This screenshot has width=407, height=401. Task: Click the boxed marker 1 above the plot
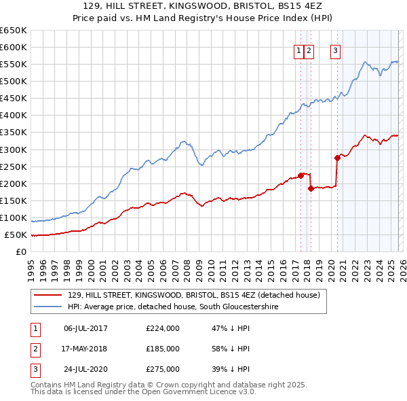click(x=298, y=50)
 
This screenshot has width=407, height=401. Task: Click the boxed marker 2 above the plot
click(x=309, y=50)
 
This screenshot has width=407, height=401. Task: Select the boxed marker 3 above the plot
click(x=335, y=50)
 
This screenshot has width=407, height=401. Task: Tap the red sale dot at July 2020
click(x=337, y=158)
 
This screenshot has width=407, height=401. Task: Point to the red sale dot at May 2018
click(x=311, y=188)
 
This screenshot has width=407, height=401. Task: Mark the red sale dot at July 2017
click(x=301, y=175)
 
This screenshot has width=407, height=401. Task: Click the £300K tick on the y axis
click(x=14, y=150)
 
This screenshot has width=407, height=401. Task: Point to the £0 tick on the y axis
click(x=22, y=252)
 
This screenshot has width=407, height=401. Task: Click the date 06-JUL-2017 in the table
click(x=85, y=328)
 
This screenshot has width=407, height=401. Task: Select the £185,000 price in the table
click(x=163, y=349)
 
